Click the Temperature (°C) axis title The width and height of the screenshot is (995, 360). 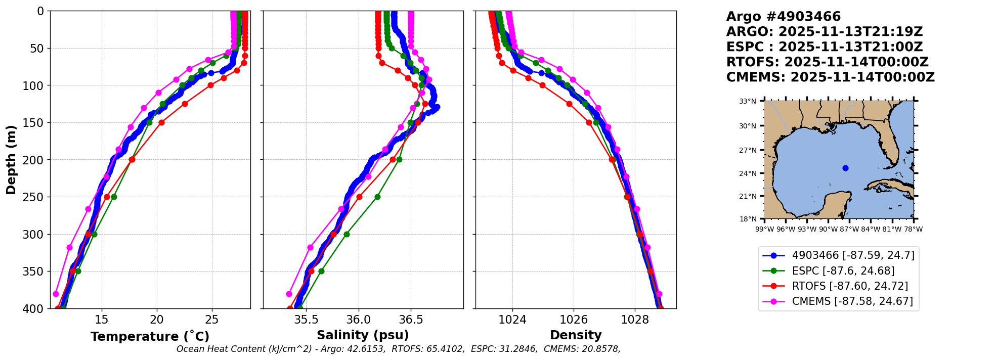[150, 337]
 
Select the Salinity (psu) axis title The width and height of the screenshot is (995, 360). [363, 335]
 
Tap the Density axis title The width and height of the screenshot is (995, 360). [576, 335]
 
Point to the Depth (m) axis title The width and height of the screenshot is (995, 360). [11, 160]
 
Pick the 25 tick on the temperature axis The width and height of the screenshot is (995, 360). [212, 320]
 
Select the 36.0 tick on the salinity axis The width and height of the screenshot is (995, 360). [359, 320]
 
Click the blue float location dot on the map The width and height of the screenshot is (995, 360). [845, 168]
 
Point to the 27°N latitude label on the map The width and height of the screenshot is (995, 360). [748, 150]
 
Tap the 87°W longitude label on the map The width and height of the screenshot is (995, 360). [849, 229]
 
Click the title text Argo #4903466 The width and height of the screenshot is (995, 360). [783, 17]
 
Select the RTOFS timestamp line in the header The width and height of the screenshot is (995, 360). [827, 62]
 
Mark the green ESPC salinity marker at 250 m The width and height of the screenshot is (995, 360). [377, 197]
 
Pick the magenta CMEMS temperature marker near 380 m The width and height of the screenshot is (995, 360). [56, 294]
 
